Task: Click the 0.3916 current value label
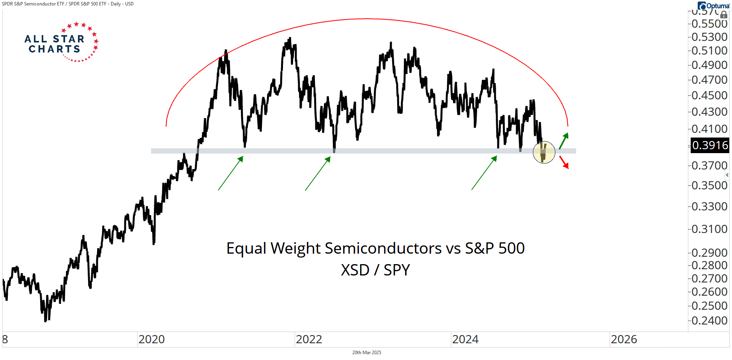[x=710, y=145]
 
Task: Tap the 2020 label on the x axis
[x=152, y=339]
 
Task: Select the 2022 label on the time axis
[x=309, y=339]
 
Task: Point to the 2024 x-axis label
[x=465, y=339]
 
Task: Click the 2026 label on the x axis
[x=624, y=339]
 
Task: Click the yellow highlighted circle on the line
[x=544, y=152]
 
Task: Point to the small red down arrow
[x=564, y=162]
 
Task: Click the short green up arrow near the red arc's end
[x=564, y=141]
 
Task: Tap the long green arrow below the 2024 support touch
[x=484, y=173]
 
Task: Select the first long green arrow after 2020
[x=231, y=173]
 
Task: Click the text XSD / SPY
[x=375, y=270]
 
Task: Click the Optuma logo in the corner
[x=713, y=5]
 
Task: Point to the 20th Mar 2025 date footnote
[x=366, y=353]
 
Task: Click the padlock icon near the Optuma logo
[x=724, y=15]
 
